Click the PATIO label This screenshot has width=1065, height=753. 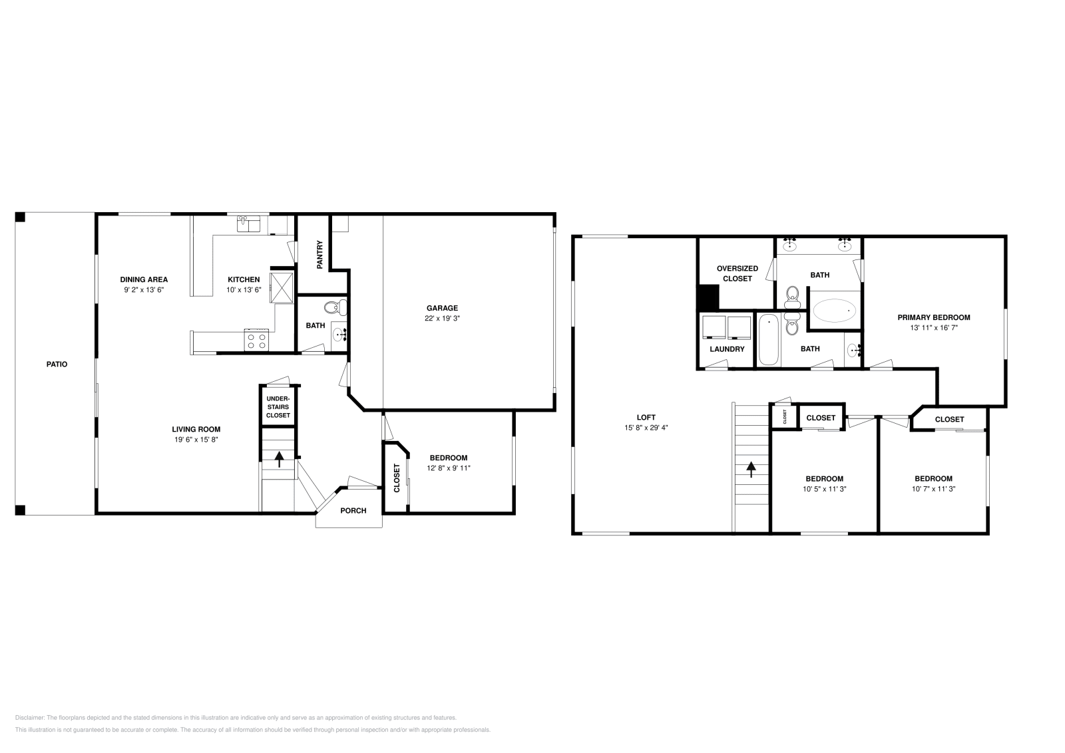tap(57, 365)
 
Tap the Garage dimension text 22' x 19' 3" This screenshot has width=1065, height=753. tap(442, 319)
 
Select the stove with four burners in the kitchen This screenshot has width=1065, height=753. tap(257, 341)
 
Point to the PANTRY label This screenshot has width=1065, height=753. tap(319, 254)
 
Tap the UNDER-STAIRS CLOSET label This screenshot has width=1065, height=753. tap(278, 407)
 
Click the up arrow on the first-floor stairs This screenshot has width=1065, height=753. tap(278, 458)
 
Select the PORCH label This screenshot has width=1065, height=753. tap(353, 511)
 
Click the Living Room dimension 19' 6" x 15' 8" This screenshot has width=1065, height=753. tap(196, 440)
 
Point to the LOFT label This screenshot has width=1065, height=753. tap(646, 418)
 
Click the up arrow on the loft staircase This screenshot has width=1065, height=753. tap(752, 470)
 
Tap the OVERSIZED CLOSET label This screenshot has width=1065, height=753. tap(737, 273)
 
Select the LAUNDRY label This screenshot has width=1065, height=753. tap(726, 349)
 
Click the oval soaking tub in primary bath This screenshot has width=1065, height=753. tap(834, 311)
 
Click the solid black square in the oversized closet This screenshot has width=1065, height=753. tap(708, 297)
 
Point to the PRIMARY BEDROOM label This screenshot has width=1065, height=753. tap(933, 317)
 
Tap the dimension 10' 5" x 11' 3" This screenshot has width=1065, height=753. tap(824, 489)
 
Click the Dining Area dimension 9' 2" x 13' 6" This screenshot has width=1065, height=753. tap(143, 290)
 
